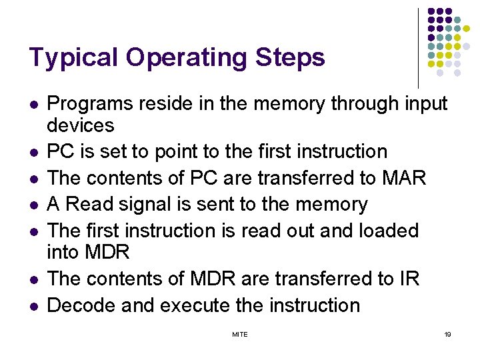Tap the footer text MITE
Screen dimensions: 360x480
239,334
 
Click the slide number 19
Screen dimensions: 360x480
447,334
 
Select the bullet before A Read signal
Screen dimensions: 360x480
33,205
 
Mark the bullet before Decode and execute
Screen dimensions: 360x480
33,307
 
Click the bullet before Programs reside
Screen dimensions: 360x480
33,105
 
